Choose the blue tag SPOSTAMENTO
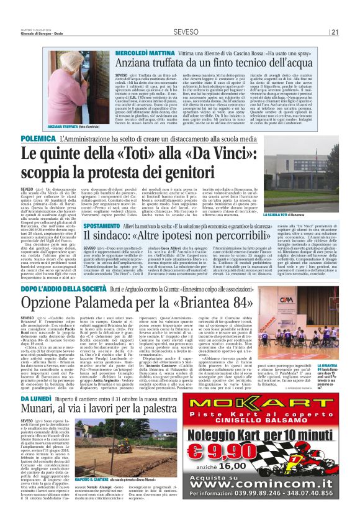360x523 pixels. coord(101,227)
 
